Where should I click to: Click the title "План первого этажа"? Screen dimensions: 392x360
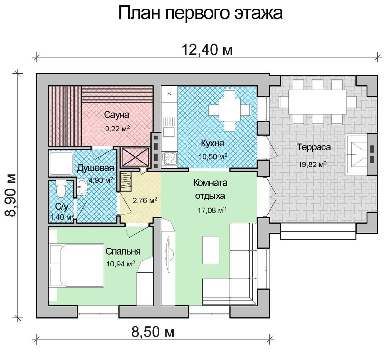(x=200, y=14)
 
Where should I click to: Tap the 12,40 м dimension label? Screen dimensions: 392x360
(x=207, y=50)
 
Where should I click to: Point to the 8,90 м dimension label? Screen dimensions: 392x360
(x=10, y=195)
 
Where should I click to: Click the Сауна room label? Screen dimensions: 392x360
(x=117, y=115)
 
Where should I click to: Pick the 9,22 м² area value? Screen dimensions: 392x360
(x=118, y=129)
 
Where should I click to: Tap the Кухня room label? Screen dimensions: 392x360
(x=212, y=144)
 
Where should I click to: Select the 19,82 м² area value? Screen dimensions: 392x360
(x=312, y=164)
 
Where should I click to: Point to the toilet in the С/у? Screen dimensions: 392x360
(x=61, y=188)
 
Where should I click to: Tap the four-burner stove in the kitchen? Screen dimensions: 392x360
(x=169, y=158)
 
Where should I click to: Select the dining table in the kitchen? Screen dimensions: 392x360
(x=230, y=110)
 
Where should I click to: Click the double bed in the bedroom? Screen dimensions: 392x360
(x=77, y=265)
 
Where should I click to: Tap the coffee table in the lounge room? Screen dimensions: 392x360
(x=211, y=250)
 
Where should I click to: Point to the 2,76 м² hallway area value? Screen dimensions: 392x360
(x=145, y=200)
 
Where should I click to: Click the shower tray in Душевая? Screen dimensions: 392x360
(x=61, y=163)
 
